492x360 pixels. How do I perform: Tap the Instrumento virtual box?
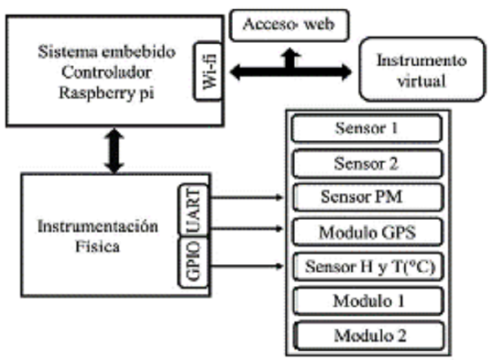(422, 70)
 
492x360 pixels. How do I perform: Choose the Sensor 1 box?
(366, 129)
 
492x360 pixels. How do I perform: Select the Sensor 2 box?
(366, 163)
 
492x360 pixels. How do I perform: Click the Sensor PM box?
(366, 197)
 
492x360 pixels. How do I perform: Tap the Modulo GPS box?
(366, 231)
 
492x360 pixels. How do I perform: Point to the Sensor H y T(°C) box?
(366, 266)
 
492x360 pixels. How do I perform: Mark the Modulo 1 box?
(366, 299)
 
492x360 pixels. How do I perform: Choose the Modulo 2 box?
(366, 334)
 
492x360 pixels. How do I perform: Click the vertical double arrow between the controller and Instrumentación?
(114, 151)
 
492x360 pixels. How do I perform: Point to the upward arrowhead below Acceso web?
(290, 55)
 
